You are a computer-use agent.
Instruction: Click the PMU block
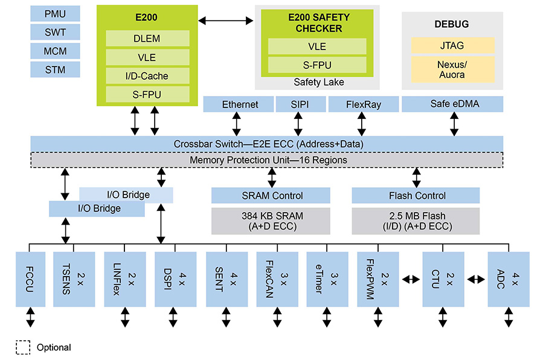(x=55, y=13)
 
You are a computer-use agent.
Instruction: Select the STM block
(x=55, y=69)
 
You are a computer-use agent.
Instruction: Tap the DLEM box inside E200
(x=147, y=39)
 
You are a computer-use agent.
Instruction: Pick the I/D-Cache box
(x=147, y=76)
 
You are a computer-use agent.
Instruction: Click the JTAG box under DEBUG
(x=452, y=45)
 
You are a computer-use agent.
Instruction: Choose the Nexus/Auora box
(x=452, y=69)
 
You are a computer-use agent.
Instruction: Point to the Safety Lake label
(x=318, y=82)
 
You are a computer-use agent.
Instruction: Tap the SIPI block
(x=300, y=104)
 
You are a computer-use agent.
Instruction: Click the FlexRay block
(x=363, y=104)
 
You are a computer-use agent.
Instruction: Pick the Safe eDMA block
(x=452, y=104)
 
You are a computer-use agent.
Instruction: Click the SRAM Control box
(x=271, y=195)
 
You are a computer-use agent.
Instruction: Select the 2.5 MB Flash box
(x=416, y=221)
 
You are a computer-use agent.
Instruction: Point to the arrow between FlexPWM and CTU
(x=410, y=279)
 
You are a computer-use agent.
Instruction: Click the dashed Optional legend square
(x=23, y=347)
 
